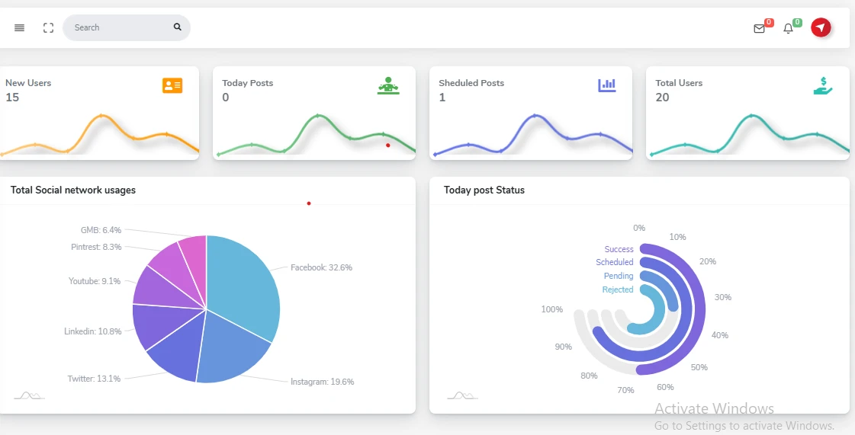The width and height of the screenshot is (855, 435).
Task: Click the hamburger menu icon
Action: click(20, 27)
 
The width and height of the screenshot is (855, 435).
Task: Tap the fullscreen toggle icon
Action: click(48, 27)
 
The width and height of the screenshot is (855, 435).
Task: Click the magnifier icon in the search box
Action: click(178, 27)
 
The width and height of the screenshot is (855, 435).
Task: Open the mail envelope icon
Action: click(759, 29)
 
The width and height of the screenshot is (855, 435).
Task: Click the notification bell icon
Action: click(789, 29)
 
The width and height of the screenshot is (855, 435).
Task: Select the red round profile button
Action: click(821, 27)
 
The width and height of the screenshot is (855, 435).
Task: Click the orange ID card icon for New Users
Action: click(172, 85)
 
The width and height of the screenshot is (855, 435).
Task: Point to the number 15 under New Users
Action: click(12, 98)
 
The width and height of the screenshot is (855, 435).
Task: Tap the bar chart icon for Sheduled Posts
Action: click(606, 85)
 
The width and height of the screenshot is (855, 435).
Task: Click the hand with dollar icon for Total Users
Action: click(823, 86)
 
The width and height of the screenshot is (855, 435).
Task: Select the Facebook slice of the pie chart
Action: click(243, 282)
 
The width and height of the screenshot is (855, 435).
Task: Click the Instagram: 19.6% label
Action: click(322, 382)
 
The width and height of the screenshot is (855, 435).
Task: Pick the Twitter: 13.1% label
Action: click(94, 379)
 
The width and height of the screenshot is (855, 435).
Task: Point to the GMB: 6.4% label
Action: click(101, 230)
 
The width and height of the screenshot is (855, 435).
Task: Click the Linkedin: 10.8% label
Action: click(92, 331)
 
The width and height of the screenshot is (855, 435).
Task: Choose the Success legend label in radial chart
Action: click(619, 249)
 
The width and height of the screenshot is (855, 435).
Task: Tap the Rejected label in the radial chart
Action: click(618, 289)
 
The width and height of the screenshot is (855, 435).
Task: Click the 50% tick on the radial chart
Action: click(699, 367)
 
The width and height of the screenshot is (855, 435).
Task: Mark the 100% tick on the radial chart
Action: click(551, 309)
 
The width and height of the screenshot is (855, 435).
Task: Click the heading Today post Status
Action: click(484, 190)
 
